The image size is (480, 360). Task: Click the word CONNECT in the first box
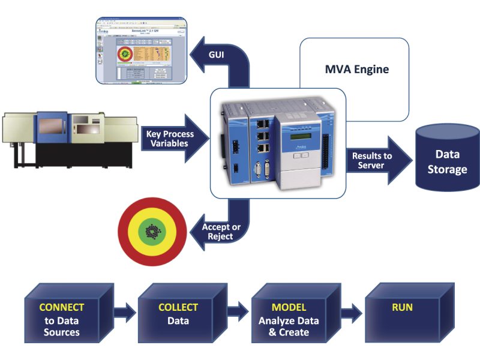pos(62,307)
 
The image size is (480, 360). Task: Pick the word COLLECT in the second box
pos(178,307)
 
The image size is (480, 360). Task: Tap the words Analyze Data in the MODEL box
pos(289,320)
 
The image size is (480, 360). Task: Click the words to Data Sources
pos(62,326)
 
